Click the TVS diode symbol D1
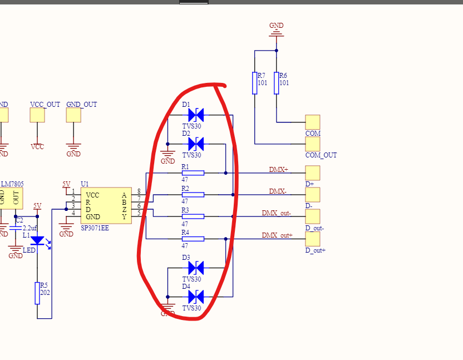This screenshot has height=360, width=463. [x=195, y=115]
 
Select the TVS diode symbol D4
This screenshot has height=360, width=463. [x=195, y=297]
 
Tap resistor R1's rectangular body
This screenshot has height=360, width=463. [x=193, y=173]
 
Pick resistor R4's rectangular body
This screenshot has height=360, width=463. [x=193, y=239]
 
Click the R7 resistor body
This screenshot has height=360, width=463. [x=255, y=82]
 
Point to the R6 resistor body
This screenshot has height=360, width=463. [x=277, y=82]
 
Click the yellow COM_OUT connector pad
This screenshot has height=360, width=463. [x=313, y=144]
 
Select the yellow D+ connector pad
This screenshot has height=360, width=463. [x=313, y=172]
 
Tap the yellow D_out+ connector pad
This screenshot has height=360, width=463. [x=313, y=239]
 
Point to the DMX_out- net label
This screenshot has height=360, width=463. [x=277, y=213]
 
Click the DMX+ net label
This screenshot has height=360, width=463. [x=278, y=169]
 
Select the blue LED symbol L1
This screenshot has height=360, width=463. [x=37, y=241]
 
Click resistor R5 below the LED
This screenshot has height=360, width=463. [x=37, y=293]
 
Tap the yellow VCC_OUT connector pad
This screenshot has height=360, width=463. [x=37, y=115]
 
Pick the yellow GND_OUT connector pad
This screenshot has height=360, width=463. [x=73, y=115]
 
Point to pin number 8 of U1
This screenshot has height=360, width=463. [x=139, y=191]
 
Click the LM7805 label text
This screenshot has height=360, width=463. [x=12, y=184]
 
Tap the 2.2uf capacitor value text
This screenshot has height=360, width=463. [x=29, y=228]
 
